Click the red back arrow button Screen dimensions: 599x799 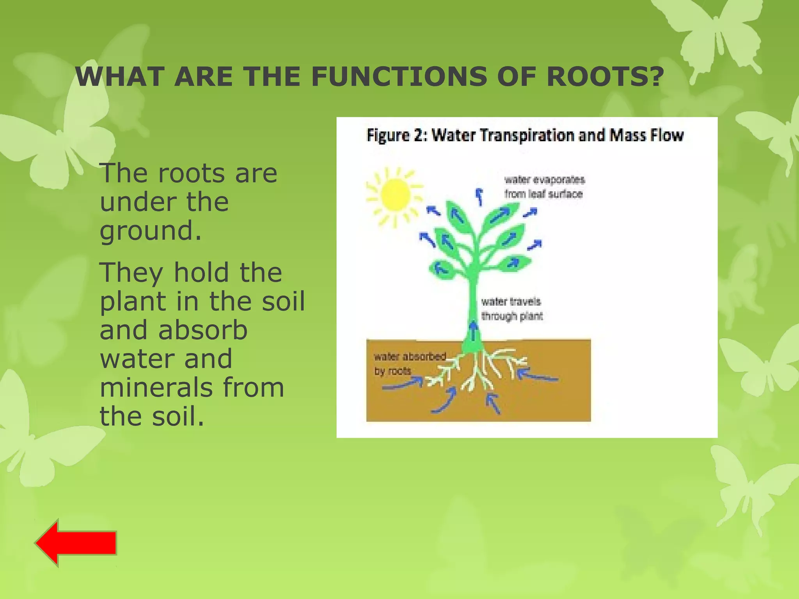(x=76, y=543)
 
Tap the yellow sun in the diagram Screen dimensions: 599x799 (x=394, y=195)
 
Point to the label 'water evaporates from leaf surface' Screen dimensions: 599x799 (x=544, y=187)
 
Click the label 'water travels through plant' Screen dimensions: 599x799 (x=511, y=308)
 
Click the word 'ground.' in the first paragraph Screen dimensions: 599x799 (x=151, y=231)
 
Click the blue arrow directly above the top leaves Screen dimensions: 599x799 (x=479, y=196)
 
